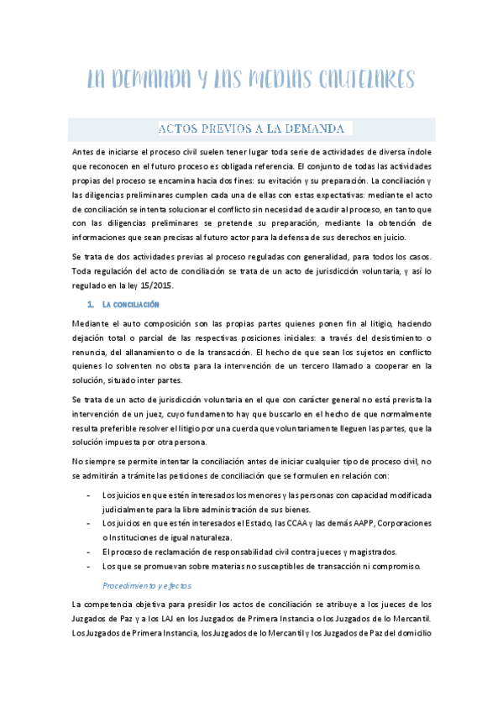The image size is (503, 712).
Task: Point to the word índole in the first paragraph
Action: pos(417,151)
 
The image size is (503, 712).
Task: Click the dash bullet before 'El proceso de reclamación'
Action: pos(90,552)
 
